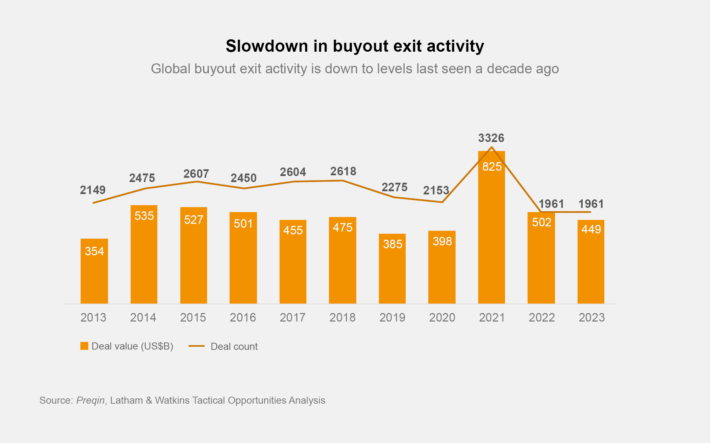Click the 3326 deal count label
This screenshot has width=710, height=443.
coord(491,138)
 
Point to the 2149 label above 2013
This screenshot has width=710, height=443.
coord(93,190)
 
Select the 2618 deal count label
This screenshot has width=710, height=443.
coord(343,171)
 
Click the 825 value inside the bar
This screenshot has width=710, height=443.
coord(492,166)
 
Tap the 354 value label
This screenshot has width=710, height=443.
coord(94,251)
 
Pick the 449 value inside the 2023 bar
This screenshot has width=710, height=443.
coord(591,229)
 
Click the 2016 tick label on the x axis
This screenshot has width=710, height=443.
coord(243,317)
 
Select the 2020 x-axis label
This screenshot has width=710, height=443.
coord(442,317)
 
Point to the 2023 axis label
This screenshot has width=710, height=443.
coord(592,317)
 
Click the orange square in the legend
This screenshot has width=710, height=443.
coord(84,346)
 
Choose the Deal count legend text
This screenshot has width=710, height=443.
coord(234,346)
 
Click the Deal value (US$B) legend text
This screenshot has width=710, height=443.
coord(132,346)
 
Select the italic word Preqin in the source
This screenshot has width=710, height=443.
coord(90,400)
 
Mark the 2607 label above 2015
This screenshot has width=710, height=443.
coord(196,174)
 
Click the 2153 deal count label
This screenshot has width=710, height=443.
coord(436,191)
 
